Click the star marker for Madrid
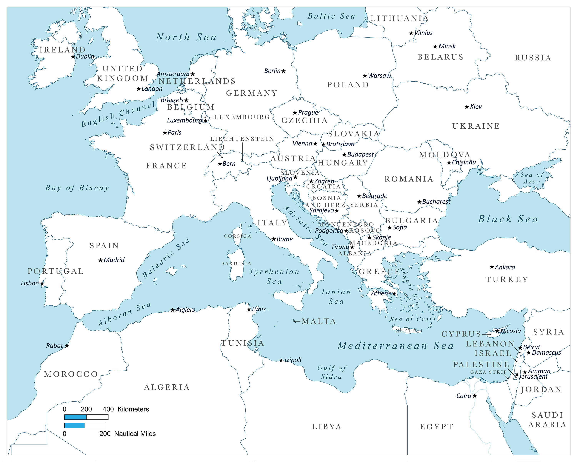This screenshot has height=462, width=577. (100, 260)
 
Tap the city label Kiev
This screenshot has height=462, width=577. (476, 107)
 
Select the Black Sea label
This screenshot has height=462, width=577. (508, 219)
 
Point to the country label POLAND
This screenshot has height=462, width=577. (348, 85)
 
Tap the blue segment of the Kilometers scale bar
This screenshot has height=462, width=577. (75, 417)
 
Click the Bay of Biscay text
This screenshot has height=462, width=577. (77, 188)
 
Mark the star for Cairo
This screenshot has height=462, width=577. (474, 396)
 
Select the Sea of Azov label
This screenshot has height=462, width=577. (532, 178)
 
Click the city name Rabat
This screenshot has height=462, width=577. (55, 346)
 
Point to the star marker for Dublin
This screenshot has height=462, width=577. (73, 57)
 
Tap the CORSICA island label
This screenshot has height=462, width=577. (237, 236)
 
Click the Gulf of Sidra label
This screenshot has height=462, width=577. (332, 372)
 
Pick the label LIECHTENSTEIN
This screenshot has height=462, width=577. (242, 139)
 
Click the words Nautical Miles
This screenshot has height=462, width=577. (135, 434)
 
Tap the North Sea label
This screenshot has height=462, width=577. (186, 37)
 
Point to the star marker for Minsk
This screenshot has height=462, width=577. (435, 47)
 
